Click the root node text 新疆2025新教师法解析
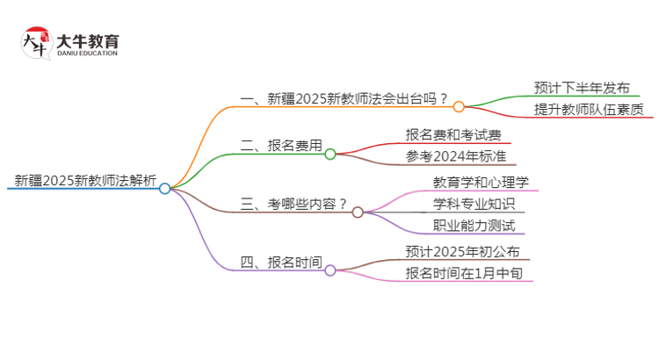(x=85, y=182)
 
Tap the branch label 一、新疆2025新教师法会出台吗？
(x=344, y=98)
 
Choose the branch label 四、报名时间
(x=280, y=262)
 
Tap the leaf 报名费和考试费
(x=453, y=134)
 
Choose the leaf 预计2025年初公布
(x=468, y=251)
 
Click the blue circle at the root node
(x=164, y=188)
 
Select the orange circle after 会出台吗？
(x=459, y=106)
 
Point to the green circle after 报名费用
(x=330, y=154)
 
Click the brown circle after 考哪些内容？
(x=358, y=212)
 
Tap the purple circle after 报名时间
(x=330, y=270)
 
